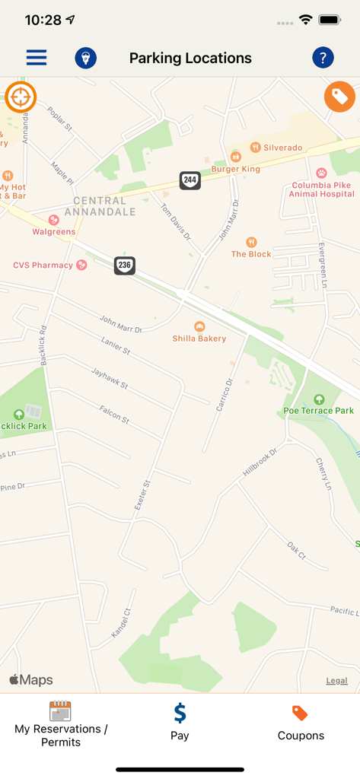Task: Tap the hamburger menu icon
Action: [37, 58]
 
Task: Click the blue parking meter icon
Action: [85, 58]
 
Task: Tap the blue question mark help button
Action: [323, 58]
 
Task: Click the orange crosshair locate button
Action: [21, 97]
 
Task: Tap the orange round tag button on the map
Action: [339, 97]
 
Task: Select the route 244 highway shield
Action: [190, 180]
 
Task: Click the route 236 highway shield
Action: [125, 265]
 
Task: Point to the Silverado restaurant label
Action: [282, 148]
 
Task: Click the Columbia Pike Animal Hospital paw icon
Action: [321, 173]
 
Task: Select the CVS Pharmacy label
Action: [43, 265]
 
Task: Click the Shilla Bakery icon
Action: [199, 326]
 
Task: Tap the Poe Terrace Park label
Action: [318, 411]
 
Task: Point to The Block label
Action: [251, 254]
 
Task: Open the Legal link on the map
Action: [337, 681]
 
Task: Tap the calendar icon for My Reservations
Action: [60, 711]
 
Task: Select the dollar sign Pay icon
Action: [180, 713]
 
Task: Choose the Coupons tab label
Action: [301, 736]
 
